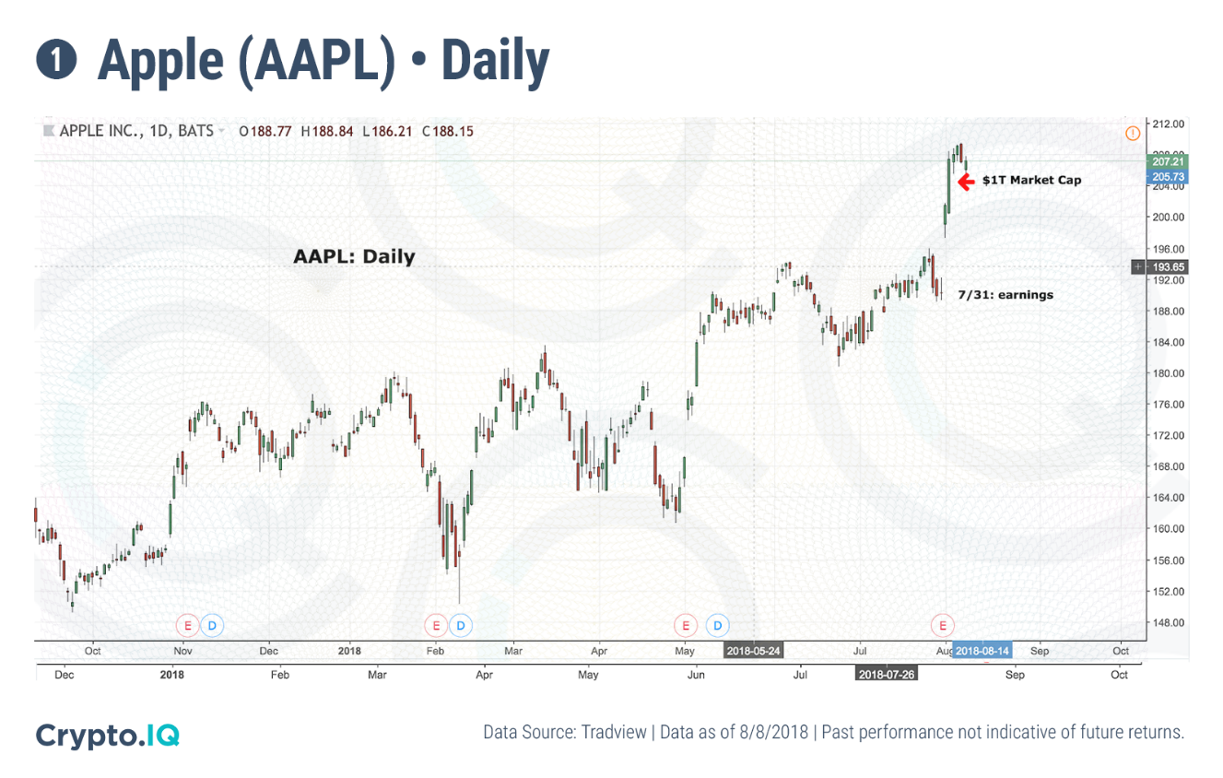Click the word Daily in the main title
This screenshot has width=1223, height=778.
(x=496, y=61)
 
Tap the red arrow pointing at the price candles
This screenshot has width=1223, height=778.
(x=966, y=182)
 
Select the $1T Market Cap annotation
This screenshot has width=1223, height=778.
(x=1031, y=180)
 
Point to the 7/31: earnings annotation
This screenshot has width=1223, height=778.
(x=1005, y=295)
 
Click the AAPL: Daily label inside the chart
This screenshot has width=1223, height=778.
(x=354, y=257)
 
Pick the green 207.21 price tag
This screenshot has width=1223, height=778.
(x=1167, y=161)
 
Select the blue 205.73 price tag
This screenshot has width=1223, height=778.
(x=1167, y=176)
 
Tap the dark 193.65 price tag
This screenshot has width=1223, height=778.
(x=1167, y=266)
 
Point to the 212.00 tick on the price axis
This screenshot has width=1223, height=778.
(x=1166, y=124)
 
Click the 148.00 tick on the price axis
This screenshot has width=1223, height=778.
(x=1166, y=622)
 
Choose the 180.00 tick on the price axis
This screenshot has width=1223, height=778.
(x=1166, y=373)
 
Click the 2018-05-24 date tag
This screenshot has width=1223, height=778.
(x=753, y=651)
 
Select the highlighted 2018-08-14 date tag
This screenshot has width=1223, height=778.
(x=983, y=651)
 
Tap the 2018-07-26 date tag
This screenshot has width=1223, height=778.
(x=886, y=674)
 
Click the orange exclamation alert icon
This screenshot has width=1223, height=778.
(x=1133, y=134)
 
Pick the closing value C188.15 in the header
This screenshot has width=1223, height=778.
(x=448, y=132)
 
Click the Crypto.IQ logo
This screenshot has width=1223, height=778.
(x=107, y=735)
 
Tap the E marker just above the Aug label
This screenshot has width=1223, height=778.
(x=943, y=625)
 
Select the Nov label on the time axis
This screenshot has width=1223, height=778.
(x=182, y=651)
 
